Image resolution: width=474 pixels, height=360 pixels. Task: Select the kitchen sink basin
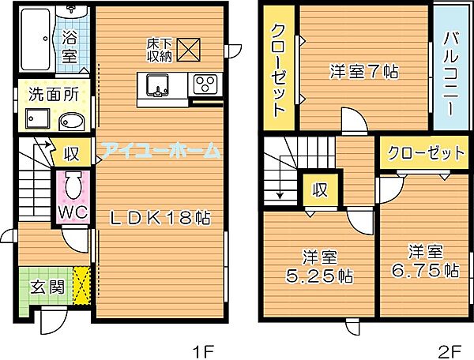pyautogui.click(x=157, y=84)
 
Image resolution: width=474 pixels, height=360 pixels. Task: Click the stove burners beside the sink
pyautogui.click(x=205, y=84)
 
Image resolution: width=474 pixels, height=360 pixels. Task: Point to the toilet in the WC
pyautogui.click(x=73, y=187)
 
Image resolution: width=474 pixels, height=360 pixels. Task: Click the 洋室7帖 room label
pyautogui.click(x=363, y=71)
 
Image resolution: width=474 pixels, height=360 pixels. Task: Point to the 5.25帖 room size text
pyautogui.click(x=318, y=276)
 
